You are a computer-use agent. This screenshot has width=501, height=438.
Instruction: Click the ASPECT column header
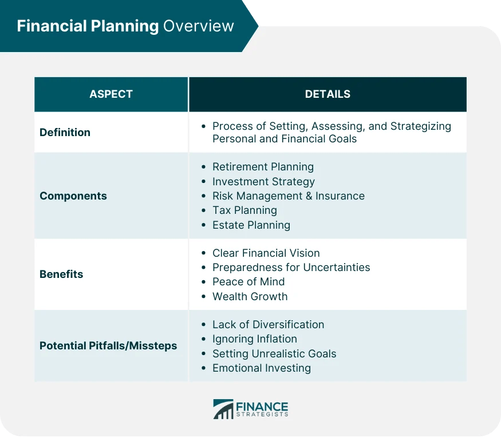point(111,94)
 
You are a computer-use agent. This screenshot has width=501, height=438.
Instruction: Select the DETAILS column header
point(328,94)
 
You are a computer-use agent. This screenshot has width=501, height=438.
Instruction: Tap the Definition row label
point(65,132)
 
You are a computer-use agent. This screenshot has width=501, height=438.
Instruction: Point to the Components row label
point(73,196)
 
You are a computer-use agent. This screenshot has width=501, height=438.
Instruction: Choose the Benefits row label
point(61,274)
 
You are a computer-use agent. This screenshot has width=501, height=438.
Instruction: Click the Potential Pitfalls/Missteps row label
point(108,345)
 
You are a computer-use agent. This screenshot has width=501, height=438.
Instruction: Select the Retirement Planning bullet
point(263,167)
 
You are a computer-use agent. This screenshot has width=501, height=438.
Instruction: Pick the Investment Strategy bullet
point(263,181)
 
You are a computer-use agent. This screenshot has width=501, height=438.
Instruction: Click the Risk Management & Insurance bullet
point(288,196)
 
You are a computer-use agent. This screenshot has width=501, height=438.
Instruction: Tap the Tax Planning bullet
point(244,210)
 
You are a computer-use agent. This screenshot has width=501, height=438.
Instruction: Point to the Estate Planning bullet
point(251,225)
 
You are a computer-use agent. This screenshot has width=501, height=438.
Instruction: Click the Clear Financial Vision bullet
point(266,253)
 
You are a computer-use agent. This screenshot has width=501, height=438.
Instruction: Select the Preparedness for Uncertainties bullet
point(291,267)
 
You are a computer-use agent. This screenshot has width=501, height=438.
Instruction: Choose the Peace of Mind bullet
point(248,281)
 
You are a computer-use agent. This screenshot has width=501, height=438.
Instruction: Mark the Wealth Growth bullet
point(250,296)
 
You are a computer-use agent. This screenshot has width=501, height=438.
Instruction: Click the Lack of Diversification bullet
point(268,324)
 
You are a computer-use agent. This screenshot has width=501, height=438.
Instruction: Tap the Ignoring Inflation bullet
point(254,339)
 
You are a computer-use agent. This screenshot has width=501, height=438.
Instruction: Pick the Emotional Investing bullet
point(261,368)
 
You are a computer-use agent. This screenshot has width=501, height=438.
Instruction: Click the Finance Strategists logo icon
point(223,409)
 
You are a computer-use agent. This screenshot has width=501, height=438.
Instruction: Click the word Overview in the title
point(199,26)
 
